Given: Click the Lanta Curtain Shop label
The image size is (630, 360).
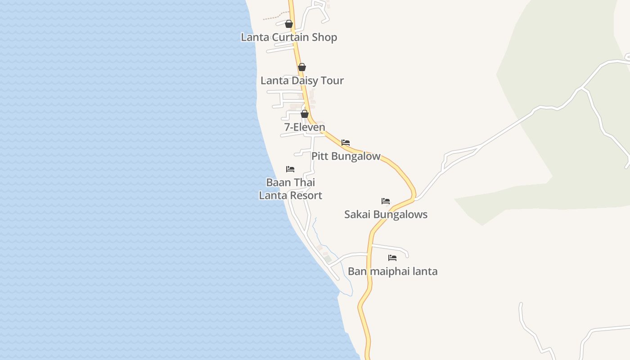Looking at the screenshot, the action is tap(289, 37).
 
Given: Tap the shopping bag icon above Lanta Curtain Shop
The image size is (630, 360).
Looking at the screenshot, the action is tap(289, 24).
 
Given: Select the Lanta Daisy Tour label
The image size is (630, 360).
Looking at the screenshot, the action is tap(302, 81).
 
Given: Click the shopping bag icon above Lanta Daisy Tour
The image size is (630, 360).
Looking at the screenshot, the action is tap(302, 67).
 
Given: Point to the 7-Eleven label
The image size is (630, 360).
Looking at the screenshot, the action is tap(305, 127).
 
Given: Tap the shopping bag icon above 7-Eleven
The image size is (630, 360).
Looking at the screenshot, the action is tap(305, 114).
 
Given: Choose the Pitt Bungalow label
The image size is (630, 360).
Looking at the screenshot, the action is tap(346, 156).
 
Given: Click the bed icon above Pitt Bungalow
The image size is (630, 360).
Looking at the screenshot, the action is tap(346, 143).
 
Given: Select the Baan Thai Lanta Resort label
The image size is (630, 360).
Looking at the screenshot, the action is tap(290, 189).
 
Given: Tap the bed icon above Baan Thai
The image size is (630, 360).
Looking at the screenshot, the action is tap(290, 169).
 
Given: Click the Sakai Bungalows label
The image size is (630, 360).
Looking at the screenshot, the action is tap(386, 214).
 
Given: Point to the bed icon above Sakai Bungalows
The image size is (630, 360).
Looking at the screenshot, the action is tap(386, 201).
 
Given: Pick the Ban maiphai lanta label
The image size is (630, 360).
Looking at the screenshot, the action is tap(392, 271).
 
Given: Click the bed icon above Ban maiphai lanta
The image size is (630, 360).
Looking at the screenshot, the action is tap(392, 258).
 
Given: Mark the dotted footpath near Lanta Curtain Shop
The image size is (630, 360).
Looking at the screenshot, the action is tap(272, 18).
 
